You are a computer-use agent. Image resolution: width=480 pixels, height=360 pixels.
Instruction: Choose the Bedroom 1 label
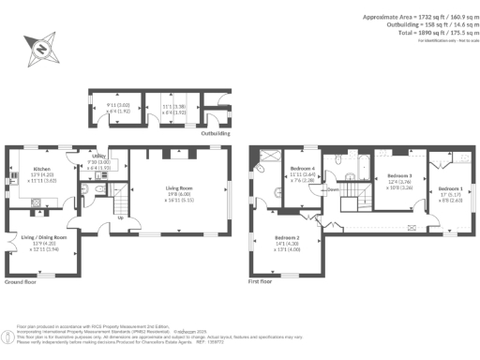450,187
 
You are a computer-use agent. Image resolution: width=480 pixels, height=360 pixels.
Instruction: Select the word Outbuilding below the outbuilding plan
216,134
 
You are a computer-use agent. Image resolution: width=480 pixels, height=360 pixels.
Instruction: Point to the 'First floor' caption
266,282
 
